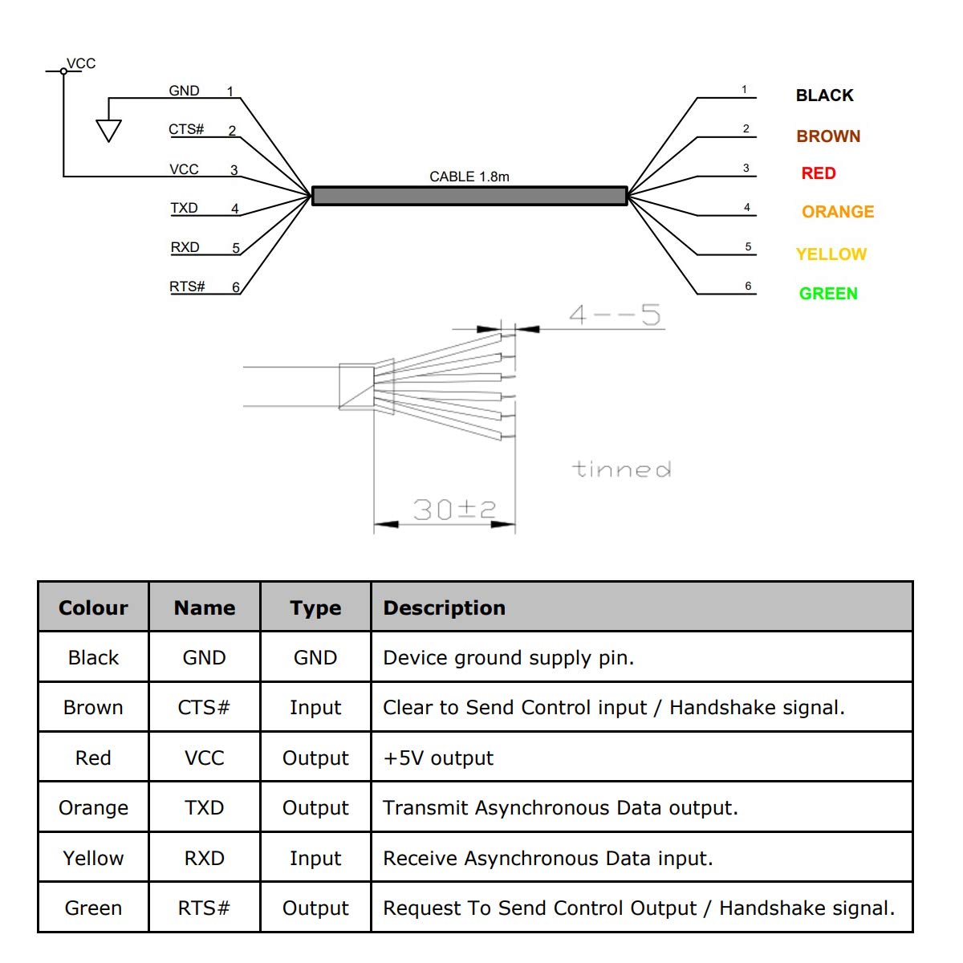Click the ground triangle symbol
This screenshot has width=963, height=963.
pos(108,131)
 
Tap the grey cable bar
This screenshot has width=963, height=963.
pos(469,196)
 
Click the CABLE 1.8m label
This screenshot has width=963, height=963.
pos(469,177)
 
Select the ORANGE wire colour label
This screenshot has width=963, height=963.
pos(838,211)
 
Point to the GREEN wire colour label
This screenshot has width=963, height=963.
pos(828,294)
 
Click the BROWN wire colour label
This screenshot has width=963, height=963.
pos(828,136)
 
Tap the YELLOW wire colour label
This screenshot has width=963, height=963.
pos(831,254)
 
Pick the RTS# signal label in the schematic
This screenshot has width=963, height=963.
pos(187,286)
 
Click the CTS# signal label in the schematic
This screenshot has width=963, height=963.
pos(186,129)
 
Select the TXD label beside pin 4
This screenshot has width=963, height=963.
pos(184,208)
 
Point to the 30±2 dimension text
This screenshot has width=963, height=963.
pos(454,510)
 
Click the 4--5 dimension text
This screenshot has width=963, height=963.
pos(615,315)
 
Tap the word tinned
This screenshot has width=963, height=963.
pos(621,469)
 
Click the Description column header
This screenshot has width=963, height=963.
pos(445,607)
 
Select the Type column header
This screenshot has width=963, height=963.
pos(315,608)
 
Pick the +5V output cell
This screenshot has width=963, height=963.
pos(438,758)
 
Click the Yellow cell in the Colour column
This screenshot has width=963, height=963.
pos(93,858)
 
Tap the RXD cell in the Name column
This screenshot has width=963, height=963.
pos(204,858)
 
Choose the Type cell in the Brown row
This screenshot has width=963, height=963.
pos(315,708)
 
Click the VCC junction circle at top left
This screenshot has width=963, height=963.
pos(63,71)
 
